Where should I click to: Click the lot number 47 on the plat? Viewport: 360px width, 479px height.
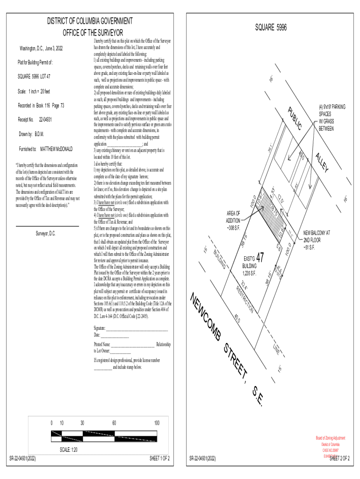[260, 258]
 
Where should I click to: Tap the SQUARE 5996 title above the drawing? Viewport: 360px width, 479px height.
[271, 29]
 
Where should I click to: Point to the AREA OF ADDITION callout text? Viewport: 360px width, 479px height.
[232, 220]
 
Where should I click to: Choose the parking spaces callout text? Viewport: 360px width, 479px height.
[332, 117]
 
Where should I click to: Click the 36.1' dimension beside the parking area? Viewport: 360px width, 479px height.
[271, 148]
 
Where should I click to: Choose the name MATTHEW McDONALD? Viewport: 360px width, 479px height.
[57, 149]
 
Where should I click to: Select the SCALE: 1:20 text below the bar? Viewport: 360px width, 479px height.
[68, 450]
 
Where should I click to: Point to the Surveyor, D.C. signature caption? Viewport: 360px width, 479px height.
[46, 233]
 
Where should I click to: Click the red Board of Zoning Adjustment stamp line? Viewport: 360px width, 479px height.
[331, 438]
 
